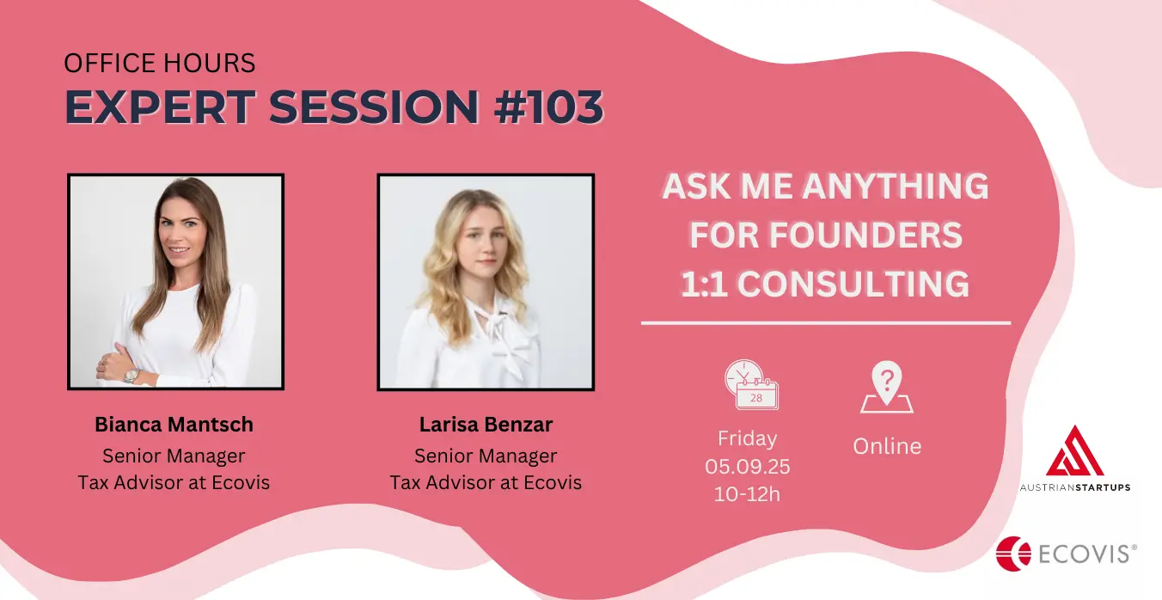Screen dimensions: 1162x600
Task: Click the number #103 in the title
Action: point(548,107)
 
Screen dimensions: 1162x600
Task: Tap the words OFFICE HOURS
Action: point(159,63)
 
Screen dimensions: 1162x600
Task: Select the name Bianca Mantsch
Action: point(174,424)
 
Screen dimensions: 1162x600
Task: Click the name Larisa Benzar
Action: point(486,424)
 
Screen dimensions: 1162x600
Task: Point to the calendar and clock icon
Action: point(752,384)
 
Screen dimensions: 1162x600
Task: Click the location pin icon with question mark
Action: point(887,387)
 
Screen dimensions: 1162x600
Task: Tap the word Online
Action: point(887,446)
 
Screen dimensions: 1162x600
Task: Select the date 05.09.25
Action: point(747,466)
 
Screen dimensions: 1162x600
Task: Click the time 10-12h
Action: point(747,493)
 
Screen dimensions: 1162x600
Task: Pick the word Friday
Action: point(747,438)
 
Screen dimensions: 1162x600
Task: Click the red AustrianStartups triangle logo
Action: point(1074,450)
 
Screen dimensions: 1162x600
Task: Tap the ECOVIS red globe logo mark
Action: point(1013,554)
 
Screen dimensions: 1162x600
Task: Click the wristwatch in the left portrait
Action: point(131,376)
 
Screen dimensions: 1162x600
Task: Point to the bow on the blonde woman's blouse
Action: point(498,332)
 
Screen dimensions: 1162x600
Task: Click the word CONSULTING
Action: point(853,284)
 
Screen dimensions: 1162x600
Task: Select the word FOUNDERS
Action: point(865,236)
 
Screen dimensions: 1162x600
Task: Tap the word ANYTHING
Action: point(896,186)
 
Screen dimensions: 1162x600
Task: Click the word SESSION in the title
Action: point(374,107)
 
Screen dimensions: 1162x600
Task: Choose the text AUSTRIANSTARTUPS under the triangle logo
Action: point(1075,487)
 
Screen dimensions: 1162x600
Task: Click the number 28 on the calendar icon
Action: point(756,398)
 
